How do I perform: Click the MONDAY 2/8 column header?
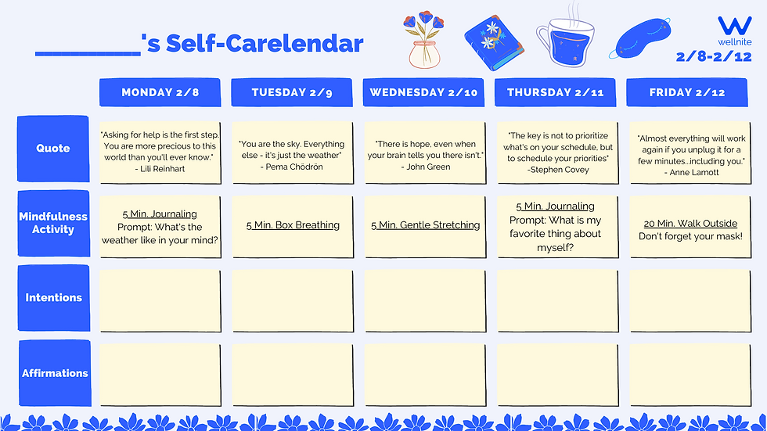tap(160, 92)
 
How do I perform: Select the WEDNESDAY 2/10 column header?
tap(423, 92)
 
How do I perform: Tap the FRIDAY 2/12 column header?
tap(687, 92)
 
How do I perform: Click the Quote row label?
tap(53, 149)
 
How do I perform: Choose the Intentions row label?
tap(54, 297)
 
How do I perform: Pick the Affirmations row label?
tap(55, 373)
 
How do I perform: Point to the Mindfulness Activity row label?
tap(54, 223)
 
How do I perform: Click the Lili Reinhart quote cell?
tap(160, 153)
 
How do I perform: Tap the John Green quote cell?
tap(425, 153)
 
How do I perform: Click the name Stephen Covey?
tap(560, 170)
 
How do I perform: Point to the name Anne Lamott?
tap(694, 173)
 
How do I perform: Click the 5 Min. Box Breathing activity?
tap(293, 225)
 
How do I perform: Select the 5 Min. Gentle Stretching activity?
tap(425, 225)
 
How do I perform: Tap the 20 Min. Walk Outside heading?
tap(690, 223)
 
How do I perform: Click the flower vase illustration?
tap(424, 40)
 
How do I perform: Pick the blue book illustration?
tap(494, 43)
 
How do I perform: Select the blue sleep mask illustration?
tap(640, 38)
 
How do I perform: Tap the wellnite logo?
tap(735, 31)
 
